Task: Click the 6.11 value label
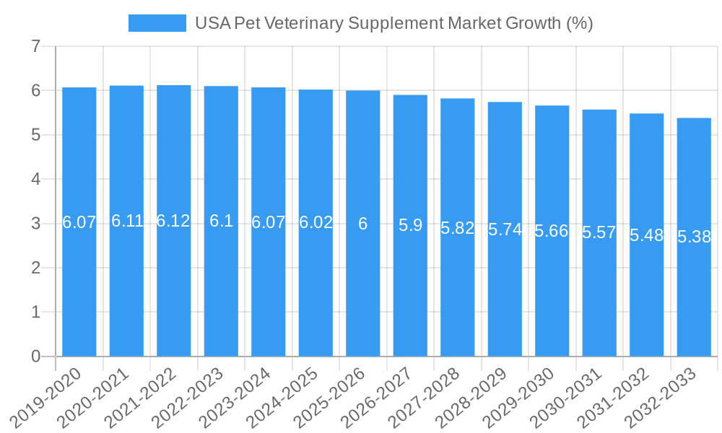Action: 127,221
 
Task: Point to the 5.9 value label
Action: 410,225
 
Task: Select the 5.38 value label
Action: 694,237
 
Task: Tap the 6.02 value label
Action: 316,222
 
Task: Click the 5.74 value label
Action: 505,229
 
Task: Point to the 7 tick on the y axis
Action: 35,47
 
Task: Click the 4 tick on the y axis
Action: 35,180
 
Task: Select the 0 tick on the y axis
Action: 35,357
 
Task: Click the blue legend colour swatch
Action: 157,23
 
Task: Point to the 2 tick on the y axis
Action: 35,268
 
